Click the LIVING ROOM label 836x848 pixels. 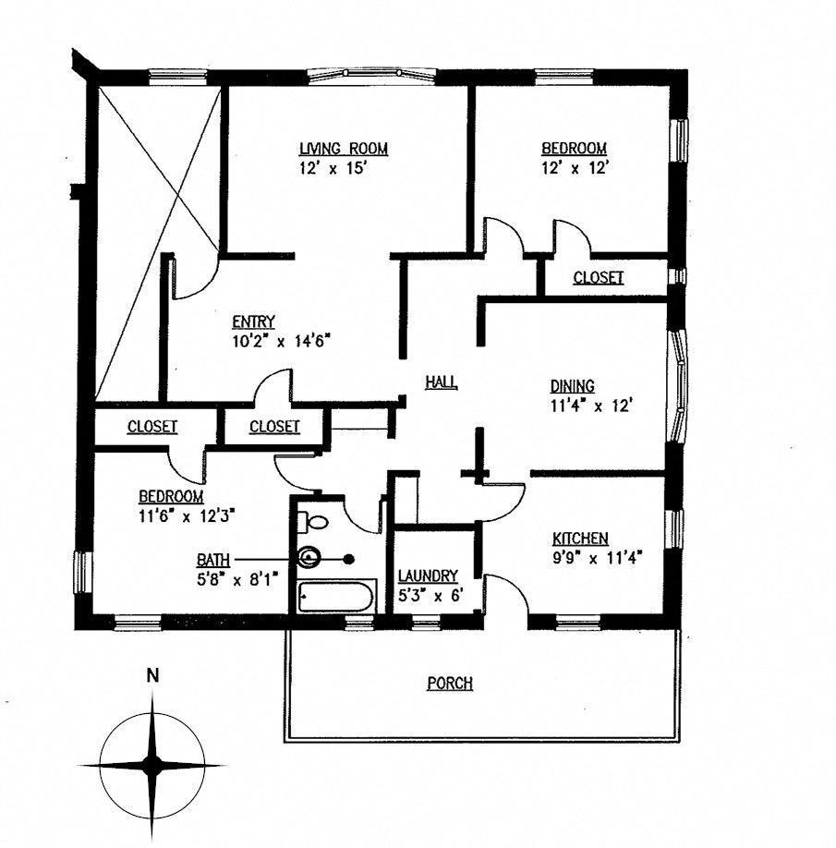pos(344,149)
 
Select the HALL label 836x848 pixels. pos(442,382)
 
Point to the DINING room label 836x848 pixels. pos(573,386)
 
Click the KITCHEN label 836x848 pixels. pos(580,539)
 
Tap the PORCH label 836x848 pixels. pos(450,684)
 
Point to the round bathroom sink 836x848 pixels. pos(309,558)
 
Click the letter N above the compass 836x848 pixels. pos(153,675)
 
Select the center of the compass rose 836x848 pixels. pos(152,764)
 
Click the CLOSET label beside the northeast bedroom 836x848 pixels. pos(599,277)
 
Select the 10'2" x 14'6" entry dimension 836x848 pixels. pos(281,340)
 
